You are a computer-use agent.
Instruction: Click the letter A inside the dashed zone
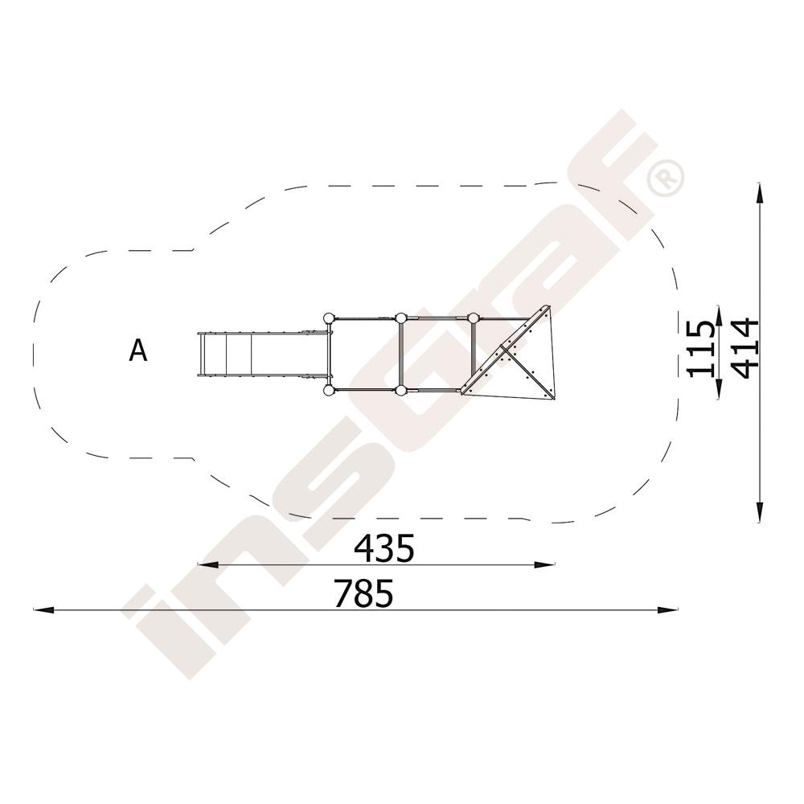[x=138, y=351]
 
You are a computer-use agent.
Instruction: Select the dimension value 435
[x=384, y=548]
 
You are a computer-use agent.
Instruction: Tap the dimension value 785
[x=363, y=593]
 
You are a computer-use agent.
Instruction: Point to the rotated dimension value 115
[x=700, y=349]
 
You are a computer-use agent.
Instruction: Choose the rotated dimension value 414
[x=744, y=348]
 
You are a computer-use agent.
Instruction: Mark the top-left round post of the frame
[x=329, y=318]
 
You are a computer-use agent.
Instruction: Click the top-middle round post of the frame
[x=400, y=318]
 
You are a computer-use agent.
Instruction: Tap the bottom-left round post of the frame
[x=329, y=392]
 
